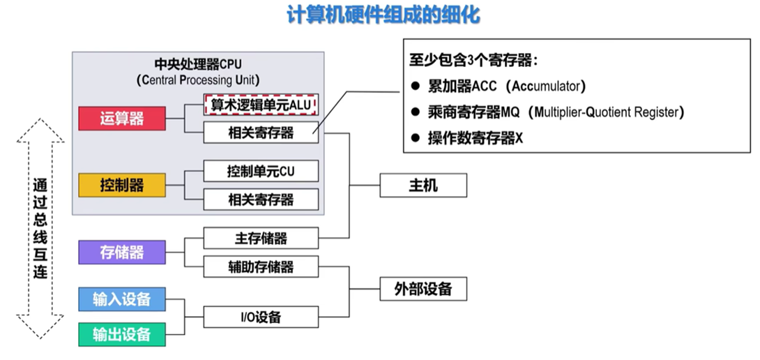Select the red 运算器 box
click(121, 119)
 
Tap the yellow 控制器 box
click(121, 185)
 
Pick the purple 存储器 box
click(121, 252)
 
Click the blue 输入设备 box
click(121, 299)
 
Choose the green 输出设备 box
click(121, 334)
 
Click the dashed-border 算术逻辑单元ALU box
click(261, 105)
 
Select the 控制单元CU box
click(261, 170)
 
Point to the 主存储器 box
click(261, 238)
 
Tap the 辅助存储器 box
click(261, 267)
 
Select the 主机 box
click(423, 186)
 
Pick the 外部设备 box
click(423, 289)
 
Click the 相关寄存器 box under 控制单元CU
click(261, 200)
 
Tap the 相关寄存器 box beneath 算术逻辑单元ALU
click(261, 133)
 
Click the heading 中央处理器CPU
click(198, 64)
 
